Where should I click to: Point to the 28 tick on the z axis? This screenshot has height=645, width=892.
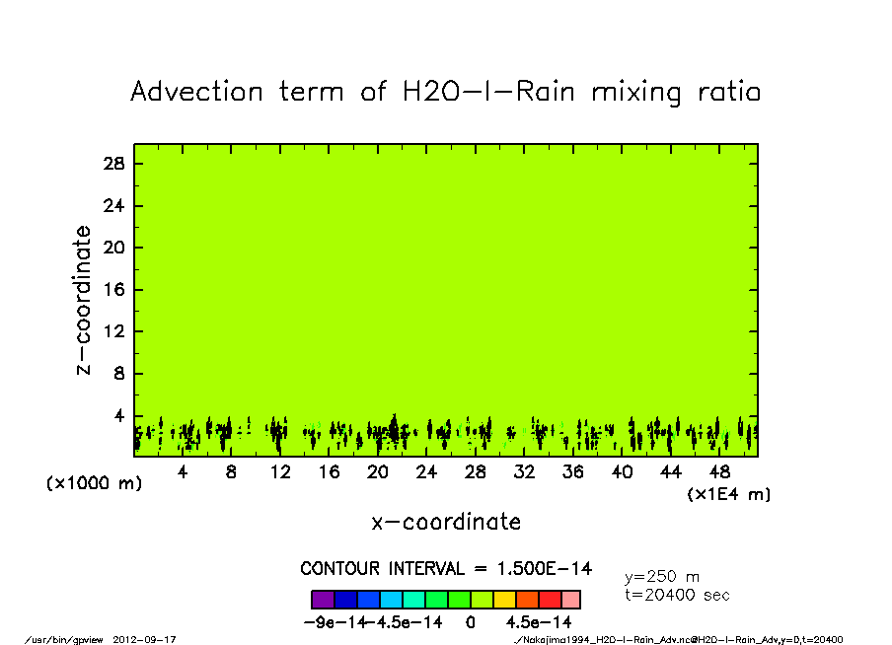pyautogui.click(x=114, y=164)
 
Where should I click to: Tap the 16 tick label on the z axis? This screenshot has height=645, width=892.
pyautogui.click(x=114, y=290)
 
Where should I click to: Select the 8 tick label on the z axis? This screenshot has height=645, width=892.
pyautogui.click(x=118, y=374)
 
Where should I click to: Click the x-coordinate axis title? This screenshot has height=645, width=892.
pyautogui.click(x=446, y=521)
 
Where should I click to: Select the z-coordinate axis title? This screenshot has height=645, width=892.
pyautogui.click(x=84, y=300)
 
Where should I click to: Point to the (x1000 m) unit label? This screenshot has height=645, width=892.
pyautogui.click(x=90, y=483)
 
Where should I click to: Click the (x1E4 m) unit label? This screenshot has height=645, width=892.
pyautogui.click(x=728, y=494)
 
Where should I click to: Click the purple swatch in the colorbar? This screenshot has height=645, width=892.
pyautogui.click(x=323, y=600)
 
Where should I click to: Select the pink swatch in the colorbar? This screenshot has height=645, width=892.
pyautogui.click(x=570, y=600)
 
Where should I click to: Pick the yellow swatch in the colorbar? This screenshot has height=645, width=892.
pyautogui.click(x=503, y=600)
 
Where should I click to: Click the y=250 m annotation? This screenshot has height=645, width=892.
pyautogui.click(x=663, y=577)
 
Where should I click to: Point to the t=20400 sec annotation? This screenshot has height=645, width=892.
pyautogui.click(x=677, y=595)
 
